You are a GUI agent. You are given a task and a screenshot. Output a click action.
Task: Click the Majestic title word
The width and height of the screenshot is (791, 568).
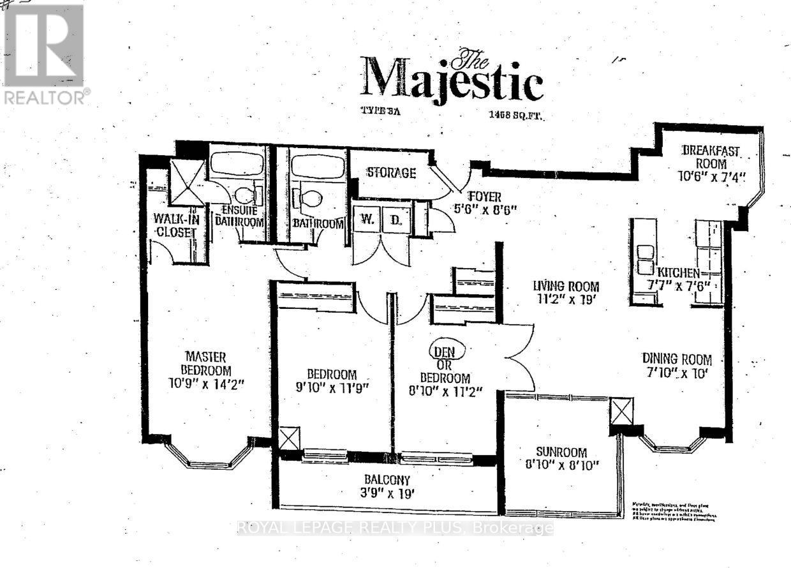point(452,80)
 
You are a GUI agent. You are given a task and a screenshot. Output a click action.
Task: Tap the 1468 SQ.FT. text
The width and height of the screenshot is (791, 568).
point(517,116)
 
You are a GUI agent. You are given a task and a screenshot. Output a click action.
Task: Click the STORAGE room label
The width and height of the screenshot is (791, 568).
point(391,173)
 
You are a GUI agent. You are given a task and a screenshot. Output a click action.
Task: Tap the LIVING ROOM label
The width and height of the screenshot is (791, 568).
point(566,286)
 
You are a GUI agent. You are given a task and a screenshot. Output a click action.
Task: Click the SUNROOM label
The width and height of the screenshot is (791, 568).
point(561,452)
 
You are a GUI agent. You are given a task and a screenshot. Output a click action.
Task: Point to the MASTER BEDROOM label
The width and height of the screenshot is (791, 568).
point(205,364)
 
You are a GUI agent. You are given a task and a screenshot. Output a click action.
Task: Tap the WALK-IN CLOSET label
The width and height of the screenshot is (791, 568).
point(174,226)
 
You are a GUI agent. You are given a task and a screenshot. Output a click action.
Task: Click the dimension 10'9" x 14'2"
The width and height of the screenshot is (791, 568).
point(205,385)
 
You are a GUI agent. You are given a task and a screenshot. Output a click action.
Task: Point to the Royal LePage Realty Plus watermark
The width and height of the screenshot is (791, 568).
point(395,528)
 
